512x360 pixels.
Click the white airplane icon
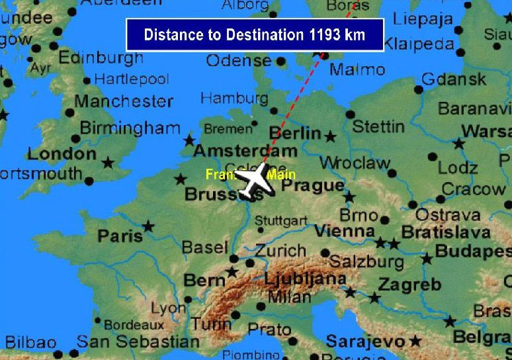click(255, 181)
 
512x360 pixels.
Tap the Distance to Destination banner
click(255, 34)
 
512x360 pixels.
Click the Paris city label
click(120, 236)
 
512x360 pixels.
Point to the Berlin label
click(295, 133)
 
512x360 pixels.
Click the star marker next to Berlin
click(330, 137)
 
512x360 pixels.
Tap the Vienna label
click(344, 232)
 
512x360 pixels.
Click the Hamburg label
click(234, 99)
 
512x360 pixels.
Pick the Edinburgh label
click(101, 58)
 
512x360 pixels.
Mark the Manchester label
click(124, 101)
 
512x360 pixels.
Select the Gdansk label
click(454, 80)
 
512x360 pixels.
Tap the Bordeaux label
click(134, 325)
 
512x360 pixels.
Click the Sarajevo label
click(365, 341)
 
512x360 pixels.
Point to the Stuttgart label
click(280, 220)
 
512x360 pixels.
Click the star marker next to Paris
click(148, 227)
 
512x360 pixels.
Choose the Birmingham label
click(130, 128)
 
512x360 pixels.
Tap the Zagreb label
click(409, 285)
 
